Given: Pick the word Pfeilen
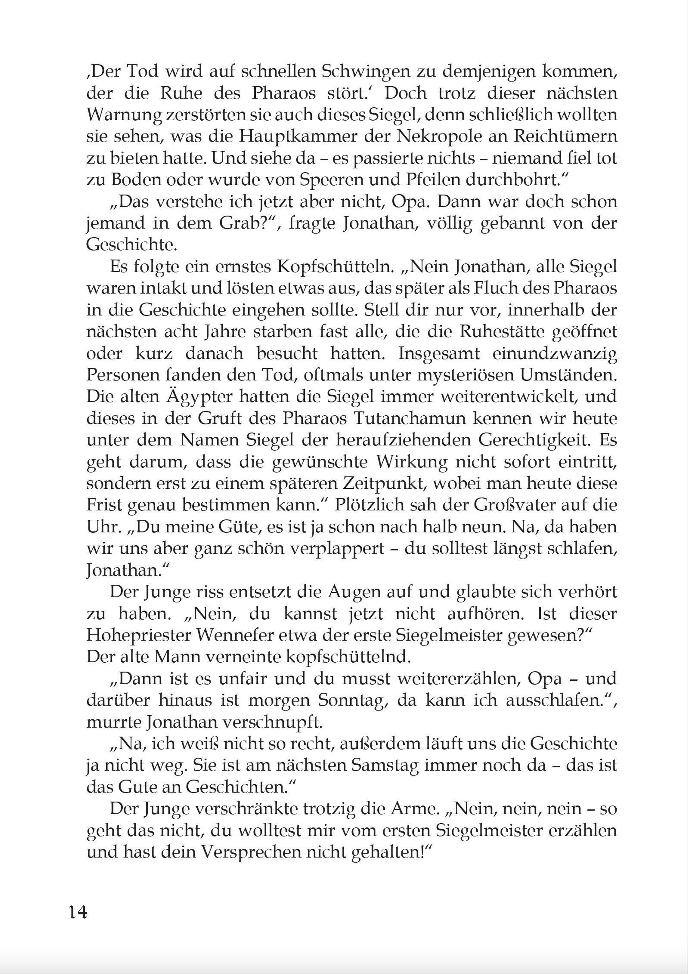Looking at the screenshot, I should (x=426, y=180).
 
